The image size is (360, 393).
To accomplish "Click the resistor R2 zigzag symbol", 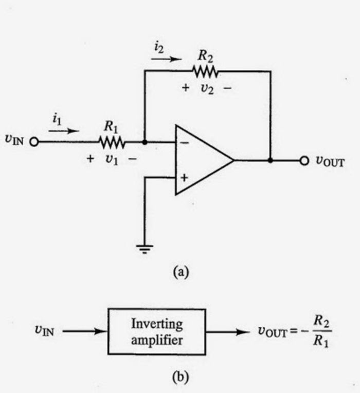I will [x=205, y=70].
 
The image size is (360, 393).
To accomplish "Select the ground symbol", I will [x=146, y=249].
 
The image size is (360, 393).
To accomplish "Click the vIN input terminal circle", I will [x=34, y=142].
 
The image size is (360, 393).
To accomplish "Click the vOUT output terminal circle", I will [x=304, y=160].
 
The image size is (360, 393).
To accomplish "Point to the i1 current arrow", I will [x=64, y=130].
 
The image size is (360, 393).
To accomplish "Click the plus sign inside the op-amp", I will [x=184, y=178].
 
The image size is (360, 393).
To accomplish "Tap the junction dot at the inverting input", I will [x=145, y=142].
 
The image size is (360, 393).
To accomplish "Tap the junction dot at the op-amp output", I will [x=271, y=160].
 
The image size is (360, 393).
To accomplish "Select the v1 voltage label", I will [x=111, y=159].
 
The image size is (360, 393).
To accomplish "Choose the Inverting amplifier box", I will [x=156, y=331].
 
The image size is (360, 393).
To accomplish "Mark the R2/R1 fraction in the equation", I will [x=321, y=331].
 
